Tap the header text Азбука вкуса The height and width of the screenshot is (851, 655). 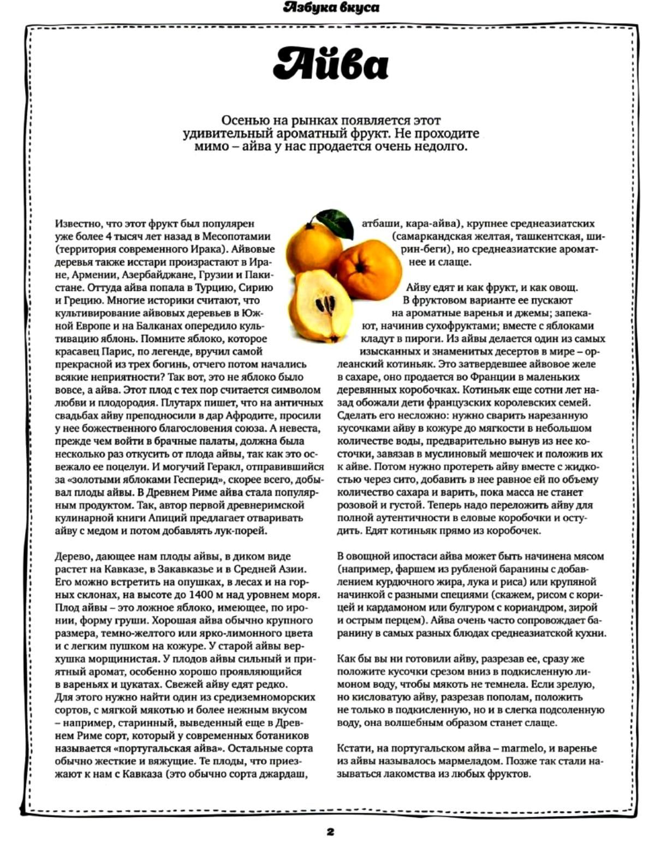click(331, 8)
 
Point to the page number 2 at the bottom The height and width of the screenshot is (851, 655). click(330, 832)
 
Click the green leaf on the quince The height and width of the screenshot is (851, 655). click(334, 223)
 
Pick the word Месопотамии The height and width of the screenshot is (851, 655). click(237, 236)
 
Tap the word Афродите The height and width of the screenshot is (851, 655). click(247, 416)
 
